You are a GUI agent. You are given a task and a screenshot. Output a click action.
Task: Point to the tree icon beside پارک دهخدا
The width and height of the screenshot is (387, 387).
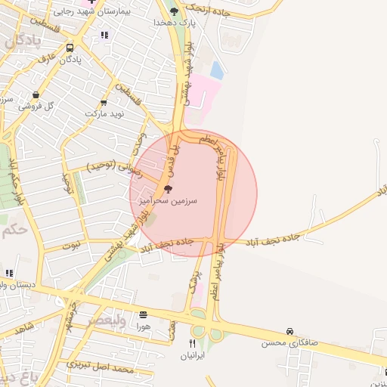(x=175, y=11)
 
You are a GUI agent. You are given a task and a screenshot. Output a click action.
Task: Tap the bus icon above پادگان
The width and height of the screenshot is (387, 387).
(x=70, y=47)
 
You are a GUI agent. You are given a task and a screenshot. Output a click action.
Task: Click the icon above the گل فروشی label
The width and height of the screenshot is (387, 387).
(x=34, y=95)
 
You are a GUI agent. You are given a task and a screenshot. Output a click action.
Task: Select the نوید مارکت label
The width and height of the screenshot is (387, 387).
(x=103, y=113)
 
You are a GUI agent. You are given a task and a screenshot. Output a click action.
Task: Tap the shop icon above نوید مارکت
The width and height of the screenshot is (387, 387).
(x=104, y=102)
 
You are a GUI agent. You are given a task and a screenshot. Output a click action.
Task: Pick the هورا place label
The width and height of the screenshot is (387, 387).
(x=144, y=327)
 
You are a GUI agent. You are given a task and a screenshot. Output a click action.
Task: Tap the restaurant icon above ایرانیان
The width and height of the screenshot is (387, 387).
(x=192, y=342)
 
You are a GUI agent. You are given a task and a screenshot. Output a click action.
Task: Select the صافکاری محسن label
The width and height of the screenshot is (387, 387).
(x=289, y=343)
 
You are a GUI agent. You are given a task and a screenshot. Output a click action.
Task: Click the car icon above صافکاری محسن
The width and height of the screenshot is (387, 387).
(x=289, y=331)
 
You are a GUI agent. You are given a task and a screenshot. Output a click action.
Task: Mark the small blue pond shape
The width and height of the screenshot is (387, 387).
(x=217, y=71)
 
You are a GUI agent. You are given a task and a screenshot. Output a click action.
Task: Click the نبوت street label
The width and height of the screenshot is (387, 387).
(x=71, y=246)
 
